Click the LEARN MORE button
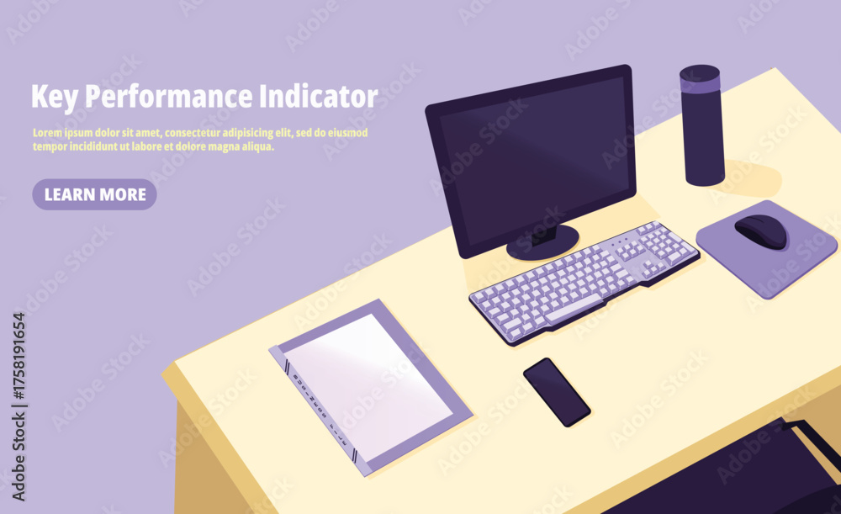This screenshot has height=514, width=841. [x=94, y=194]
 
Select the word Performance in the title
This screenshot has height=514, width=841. [x=168, y=98]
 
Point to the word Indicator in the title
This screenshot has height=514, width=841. [x=319, y=96]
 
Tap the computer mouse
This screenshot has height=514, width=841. [x=761, y=231]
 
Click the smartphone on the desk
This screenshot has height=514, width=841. [x=557, y=392]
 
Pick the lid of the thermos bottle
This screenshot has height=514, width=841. [x=700, y=79]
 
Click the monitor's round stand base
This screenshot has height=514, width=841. [x=542, y=242]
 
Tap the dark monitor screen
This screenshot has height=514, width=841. [x=535, y=160]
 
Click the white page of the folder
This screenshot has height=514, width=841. [x=367, y=379]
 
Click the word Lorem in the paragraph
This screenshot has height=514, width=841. [x=47, y=133]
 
